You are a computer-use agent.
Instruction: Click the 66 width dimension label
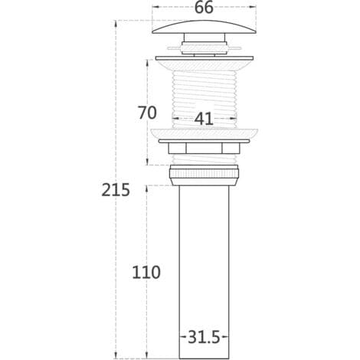tap(204, 8)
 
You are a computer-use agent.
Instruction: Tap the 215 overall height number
tap(116, 190)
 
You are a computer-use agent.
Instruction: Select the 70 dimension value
tap(147, 113)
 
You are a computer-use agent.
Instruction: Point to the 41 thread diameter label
tap(204, 119)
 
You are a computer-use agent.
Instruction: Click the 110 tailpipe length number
tap(146, 272)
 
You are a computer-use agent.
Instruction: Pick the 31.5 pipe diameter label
tap(204, 337)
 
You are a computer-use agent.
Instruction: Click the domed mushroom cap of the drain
tap(204, 27)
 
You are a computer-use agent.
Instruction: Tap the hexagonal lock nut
tap(204, 149)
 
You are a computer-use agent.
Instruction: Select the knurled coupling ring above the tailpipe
tap(204, 175)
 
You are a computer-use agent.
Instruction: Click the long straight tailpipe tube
tap(204, 272)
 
